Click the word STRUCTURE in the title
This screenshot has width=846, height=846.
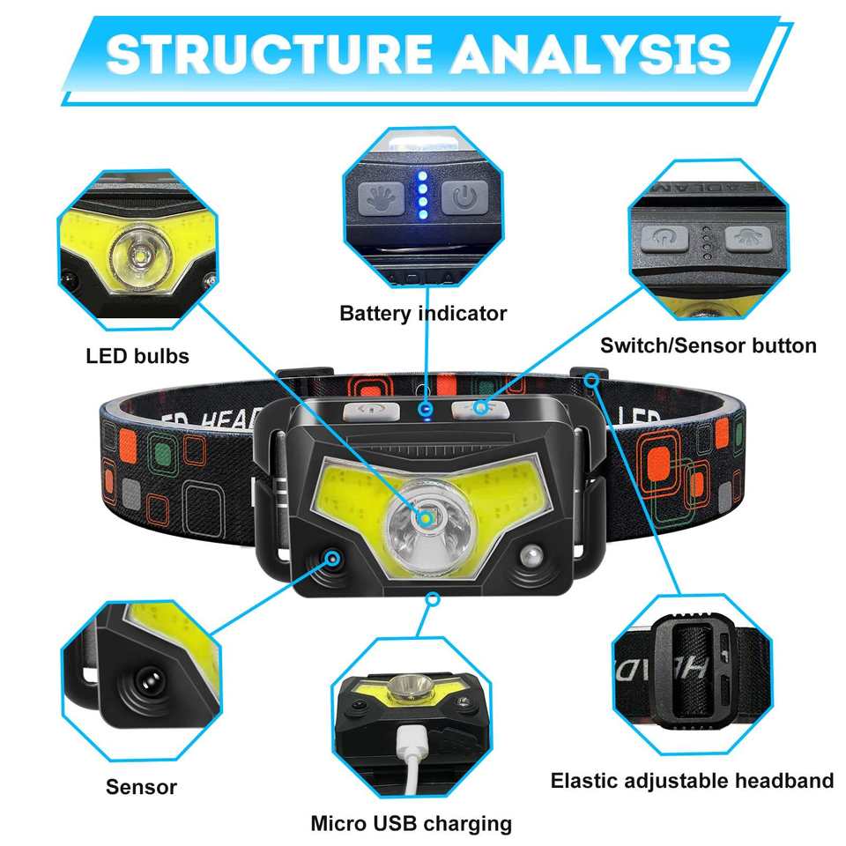269,56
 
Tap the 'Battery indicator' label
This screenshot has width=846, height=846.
423,313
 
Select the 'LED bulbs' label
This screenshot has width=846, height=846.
137,357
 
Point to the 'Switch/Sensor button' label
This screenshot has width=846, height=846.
708,345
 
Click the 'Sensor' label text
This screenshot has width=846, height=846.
141,787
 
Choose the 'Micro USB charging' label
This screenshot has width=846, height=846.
411,824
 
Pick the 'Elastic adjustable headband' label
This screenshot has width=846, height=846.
692,780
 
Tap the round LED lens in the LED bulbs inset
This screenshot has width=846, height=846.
137,255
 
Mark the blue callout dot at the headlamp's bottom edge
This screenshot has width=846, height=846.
432,598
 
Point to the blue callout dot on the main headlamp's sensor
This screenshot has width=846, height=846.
332,558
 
